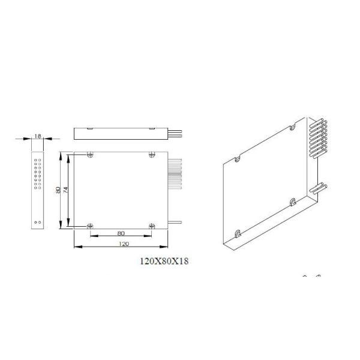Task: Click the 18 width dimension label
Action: coord(37,137)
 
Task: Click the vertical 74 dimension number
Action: coord(67,190)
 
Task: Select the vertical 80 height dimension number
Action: coord(58,190)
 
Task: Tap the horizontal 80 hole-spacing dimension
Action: coord(120,233)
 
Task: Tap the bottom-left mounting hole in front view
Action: coord(89,226)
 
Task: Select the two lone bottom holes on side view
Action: coord(38,222)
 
